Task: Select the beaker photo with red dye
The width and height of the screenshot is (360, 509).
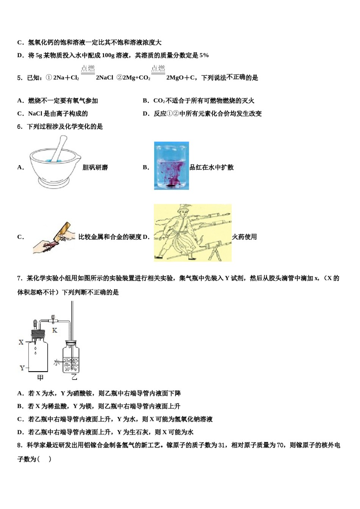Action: pos(171,166)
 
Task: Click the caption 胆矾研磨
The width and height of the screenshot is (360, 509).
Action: pos(95,167)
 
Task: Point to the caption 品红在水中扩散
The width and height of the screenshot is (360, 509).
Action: pos(211,167)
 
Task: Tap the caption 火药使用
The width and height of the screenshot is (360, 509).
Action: pos(244,237)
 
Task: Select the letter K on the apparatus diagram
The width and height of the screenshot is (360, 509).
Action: pos(55,330)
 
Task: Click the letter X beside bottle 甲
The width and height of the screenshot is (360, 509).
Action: pos(21,342)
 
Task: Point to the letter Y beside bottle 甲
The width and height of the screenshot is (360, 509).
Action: pos(22,368)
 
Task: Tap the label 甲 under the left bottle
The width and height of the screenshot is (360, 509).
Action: pos(40,378)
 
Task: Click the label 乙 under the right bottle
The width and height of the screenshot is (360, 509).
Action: pos(74,377)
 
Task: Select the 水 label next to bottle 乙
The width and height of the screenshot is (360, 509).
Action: pos(56,362)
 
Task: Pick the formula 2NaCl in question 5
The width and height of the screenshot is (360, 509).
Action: pos(105,78)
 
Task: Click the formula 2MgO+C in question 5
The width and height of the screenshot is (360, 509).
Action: pos(181,78)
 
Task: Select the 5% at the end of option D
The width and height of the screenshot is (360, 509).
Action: pos(204,55)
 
